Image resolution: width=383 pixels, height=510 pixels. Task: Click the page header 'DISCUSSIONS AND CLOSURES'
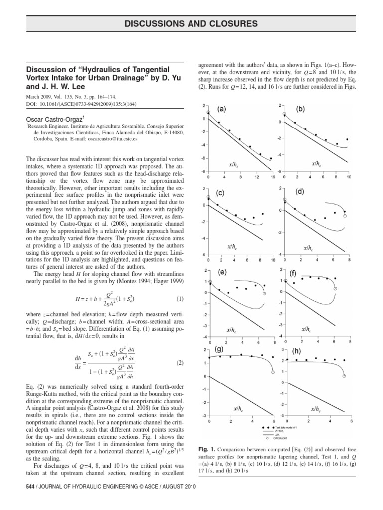(191, 23)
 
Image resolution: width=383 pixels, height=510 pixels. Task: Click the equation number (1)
(180, 298)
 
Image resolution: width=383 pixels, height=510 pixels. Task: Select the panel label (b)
(301, 109)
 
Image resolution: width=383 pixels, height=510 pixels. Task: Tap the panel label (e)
(222, 272)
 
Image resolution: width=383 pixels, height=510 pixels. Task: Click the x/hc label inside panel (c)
(232, 247)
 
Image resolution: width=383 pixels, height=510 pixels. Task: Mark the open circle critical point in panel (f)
(335, 288)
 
